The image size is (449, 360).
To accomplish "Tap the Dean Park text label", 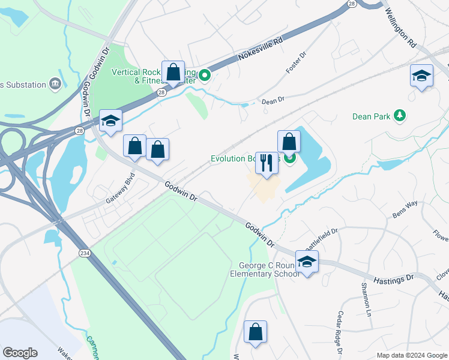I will (372, 116).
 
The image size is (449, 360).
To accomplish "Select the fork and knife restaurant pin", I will (267, 163).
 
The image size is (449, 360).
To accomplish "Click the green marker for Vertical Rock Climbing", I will (205, 76).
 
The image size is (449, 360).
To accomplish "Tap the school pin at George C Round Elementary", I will (307, 262).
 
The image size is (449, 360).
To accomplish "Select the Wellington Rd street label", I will (400, 28).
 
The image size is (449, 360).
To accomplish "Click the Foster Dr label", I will (297, 62).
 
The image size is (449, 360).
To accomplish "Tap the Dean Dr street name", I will (273, 101).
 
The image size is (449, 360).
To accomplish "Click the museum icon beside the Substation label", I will (55, 83).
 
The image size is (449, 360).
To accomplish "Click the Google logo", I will (20, 353).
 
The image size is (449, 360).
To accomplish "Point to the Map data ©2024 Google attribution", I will (411, 355).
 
